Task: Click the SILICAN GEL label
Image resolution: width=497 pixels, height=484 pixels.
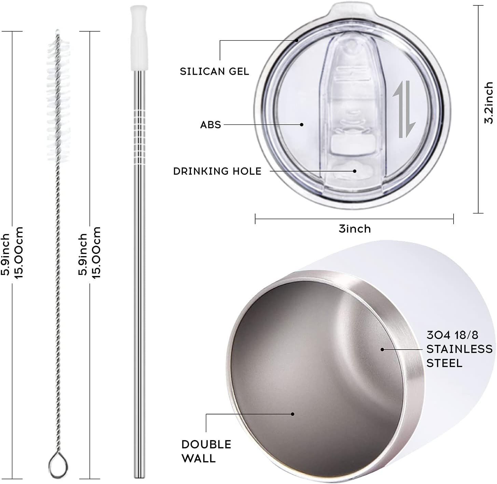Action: click(214, 71)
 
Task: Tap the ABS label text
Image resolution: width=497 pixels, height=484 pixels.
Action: click(210, 125)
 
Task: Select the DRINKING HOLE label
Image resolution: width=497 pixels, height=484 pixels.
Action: click(217, 171)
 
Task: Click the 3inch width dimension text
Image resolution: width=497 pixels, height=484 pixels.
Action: click(355, 229)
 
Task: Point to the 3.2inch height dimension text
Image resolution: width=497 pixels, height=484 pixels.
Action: click(488, 103)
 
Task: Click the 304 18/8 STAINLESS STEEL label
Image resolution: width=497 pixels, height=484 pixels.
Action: click(459, 349)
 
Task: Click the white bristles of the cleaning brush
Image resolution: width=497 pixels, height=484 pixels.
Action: click(58, 100)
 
